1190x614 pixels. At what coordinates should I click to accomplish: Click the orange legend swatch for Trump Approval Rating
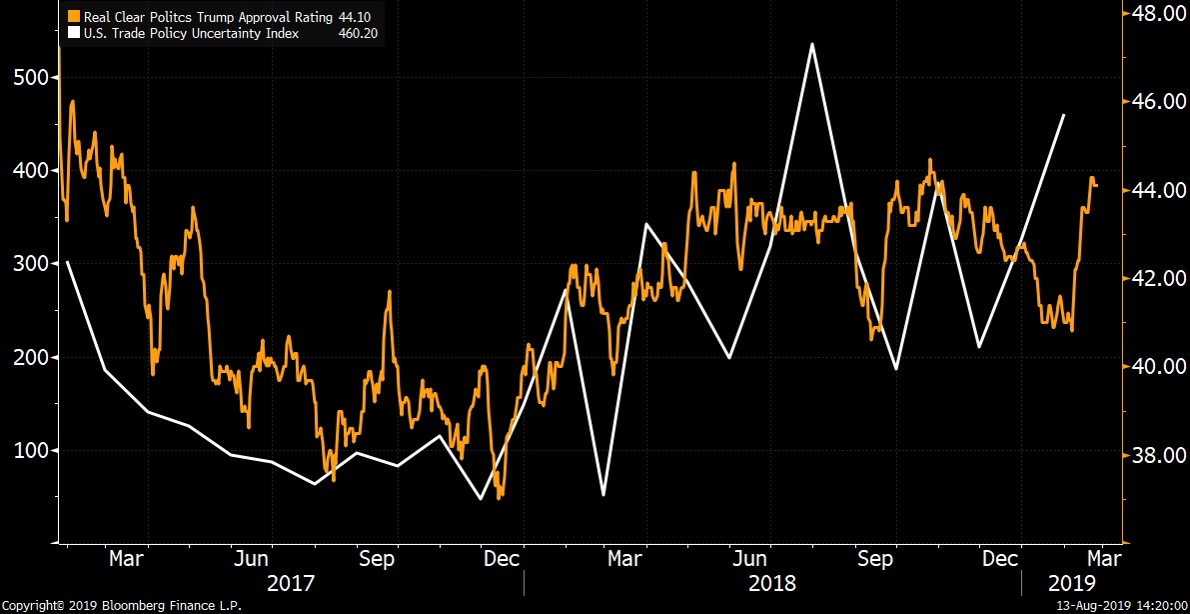click(x=72, y=17)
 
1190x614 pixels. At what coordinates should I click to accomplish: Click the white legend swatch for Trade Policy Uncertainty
click(x=72, y=33)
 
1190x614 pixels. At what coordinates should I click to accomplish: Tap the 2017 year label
click(x=291, y=583)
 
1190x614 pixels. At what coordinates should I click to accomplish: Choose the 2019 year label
click(x=1072, y=583)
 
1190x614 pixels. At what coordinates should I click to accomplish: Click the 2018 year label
click(x=772, y=583)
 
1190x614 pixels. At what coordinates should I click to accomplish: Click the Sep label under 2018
click(x=875, y=557)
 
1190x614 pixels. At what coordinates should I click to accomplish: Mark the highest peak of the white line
click(x=813, y=44)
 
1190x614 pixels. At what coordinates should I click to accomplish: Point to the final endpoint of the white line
click(x=1064, y=115)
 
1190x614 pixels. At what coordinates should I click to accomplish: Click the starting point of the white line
click(x=67, y=262)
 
